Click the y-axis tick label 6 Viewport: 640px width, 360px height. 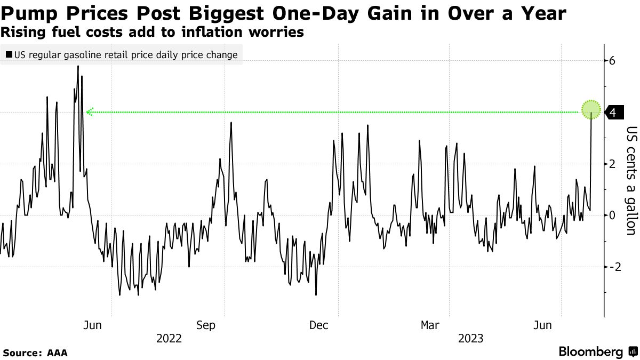pos(613,61)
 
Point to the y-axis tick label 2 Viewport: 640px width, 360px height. pos(613,164)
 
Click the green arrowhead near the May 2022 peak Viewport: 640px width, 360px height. pos(90,112)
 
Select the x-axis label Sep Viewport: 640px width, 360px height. pos(206,325)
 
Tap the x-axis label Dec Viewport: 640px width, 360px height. pos(318,325)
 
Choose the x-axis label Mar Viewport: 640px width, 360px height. pos(430,325)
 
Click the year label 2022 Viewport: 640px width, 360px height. pos(169,338)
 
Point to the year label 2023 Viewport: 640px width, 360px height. pos(470,338)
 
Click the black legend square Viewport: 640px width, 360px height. pos(9,55)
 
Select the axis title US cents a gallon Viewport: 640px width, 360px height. pos(631,180)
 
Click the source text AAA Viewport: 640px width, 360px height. pos(57,353)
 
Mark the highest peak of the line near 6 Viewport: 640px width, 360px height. pos(78,66)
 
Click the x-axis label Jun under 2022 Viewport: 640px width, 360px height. pos(93,325)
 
